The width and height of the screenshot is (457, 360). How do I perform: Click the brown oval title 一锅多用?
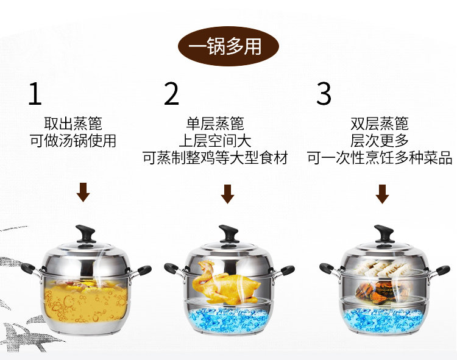[228, 46]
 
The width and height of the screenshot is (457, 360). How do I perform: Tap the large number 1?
[35, 93]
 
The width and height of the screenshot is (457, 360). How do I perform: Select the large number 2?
[171, 93]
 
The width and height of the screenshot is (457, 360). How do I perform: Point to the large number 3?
[324, 93]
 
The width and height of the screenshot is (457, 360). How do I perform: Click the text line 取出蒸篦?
[73, 124]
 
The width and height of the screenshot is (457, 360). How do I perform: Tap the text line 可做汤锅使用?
[73, 141]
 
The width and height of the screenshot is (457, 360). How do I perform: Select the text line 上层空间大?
[215, 141]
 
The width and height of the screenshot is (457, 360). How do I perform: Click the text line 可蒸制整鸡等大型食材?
[215, 158]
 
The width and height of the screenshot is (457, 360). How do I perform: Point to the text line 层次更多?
[379, 141]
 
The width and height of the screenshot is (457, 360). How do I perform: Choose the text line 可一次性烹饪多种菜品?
[379, 158]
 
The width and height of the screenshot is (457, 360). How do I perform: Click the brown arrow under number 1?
[83, 192]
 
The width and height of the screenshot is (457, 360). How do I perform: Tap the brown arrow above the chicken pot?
[228, 194]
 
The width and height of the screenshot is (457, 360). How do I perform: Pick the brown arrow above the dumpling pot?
[383, 194]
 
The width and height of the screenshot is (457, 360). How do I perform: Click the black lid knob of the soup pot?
[86, 233]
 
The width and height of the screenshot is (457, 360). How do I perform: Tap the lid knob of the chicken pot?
[229, 233]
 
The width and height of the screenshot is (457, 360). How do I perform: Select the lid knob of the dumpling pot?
[384, 233]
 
